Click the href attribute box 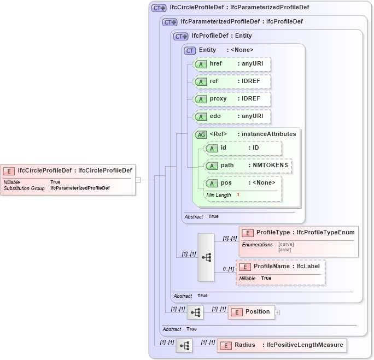tap(232, 64)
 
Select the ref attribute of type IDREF tap(232, 81)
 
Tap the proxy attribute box tap(232, 99)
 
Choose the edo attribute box tap(232, 116)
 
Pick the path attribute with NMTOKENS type tap(247, 165)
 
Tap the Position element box tap(251, 312)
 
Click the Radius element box tap(282, 345)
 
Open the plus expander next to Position tap(277, 312)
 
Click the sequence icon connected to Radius tap(184, 346)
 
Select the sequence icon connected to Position tap(195, 312)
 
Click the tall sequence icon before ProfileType tap(206, 257)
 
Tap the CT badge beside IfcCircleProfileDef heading tap(159, 8)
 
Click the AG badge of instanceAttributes tap(201, 134)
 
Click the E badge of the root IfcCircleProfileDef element tap(9, 170)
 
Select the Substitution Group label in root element tap(24, 188)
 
